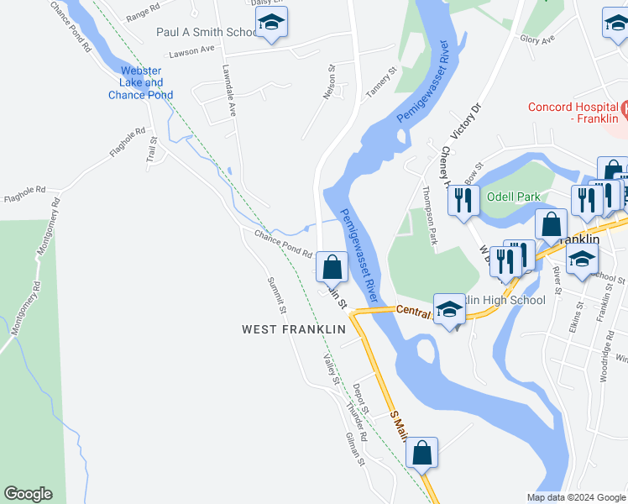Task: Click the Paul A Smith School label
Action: (206, 32)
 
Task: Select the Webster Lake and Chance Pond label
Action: (141, 82)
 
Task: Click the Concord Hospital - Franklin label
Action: (573, 113)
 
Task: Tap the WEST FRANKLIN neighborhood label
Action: (294, 330)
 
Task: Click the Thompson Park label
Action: (432, 217)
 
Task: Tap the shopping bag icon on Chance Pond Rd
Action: (332, 268)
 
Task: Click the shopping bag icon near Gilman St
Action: (422, 453)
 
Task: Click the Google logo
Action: (28, 494)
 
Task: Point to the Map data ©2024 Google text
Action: (575, 497)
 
